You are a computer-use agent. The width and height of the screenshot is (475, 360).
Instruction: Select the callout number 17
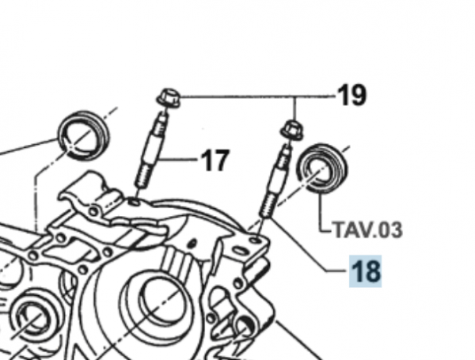(x=214, y=161)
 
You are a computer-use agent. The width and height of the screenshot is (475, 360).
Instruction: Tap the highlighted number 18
(x=366, y=272)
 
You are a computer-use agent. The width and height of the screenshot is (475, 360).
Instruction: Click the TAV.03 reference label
(x=367, y=230)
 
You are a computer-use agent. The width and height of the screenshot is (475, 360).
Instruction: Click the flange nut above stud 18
(x=291, y=129)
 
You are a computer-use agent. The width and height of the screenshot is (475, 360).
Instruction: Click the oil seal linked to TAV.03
(x=322, y=168)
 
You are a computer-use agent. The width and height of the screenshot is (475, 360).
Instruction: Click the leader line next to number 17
(x=181, y=161)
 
